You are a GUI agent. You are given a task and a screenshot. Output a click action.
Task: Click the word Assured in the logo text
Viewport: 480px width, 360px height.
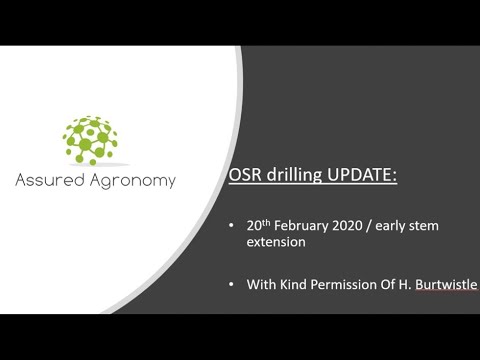pyautogui.click(x=50, y=181)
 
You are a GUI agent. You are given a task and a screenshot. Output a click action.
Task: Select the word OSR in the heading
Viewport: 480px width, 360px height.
pyautogui.click(x=249, y=176)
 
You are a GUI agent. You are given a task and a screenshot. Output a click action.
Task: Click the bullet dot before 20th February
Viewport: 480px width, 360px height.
pyautogui.click(x=233, y=226)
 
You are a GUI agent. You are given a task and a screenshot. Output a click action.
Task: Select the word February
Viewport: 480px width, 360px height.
pyautogui.click(x=304, y=226)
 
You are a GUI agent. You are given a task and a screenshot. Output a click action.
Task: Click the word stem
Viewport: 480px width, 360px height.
pyautogui.click(x=424, y=226)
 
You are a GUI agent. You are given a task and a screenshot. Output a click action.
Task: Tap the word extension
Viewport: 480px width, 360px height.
pyautogui.click(x=276, y=242)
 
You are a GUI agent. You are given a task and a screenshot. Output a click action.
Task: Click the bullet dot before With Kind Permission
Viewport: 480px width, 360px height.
pyautogui.click(x=233, y=284)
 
